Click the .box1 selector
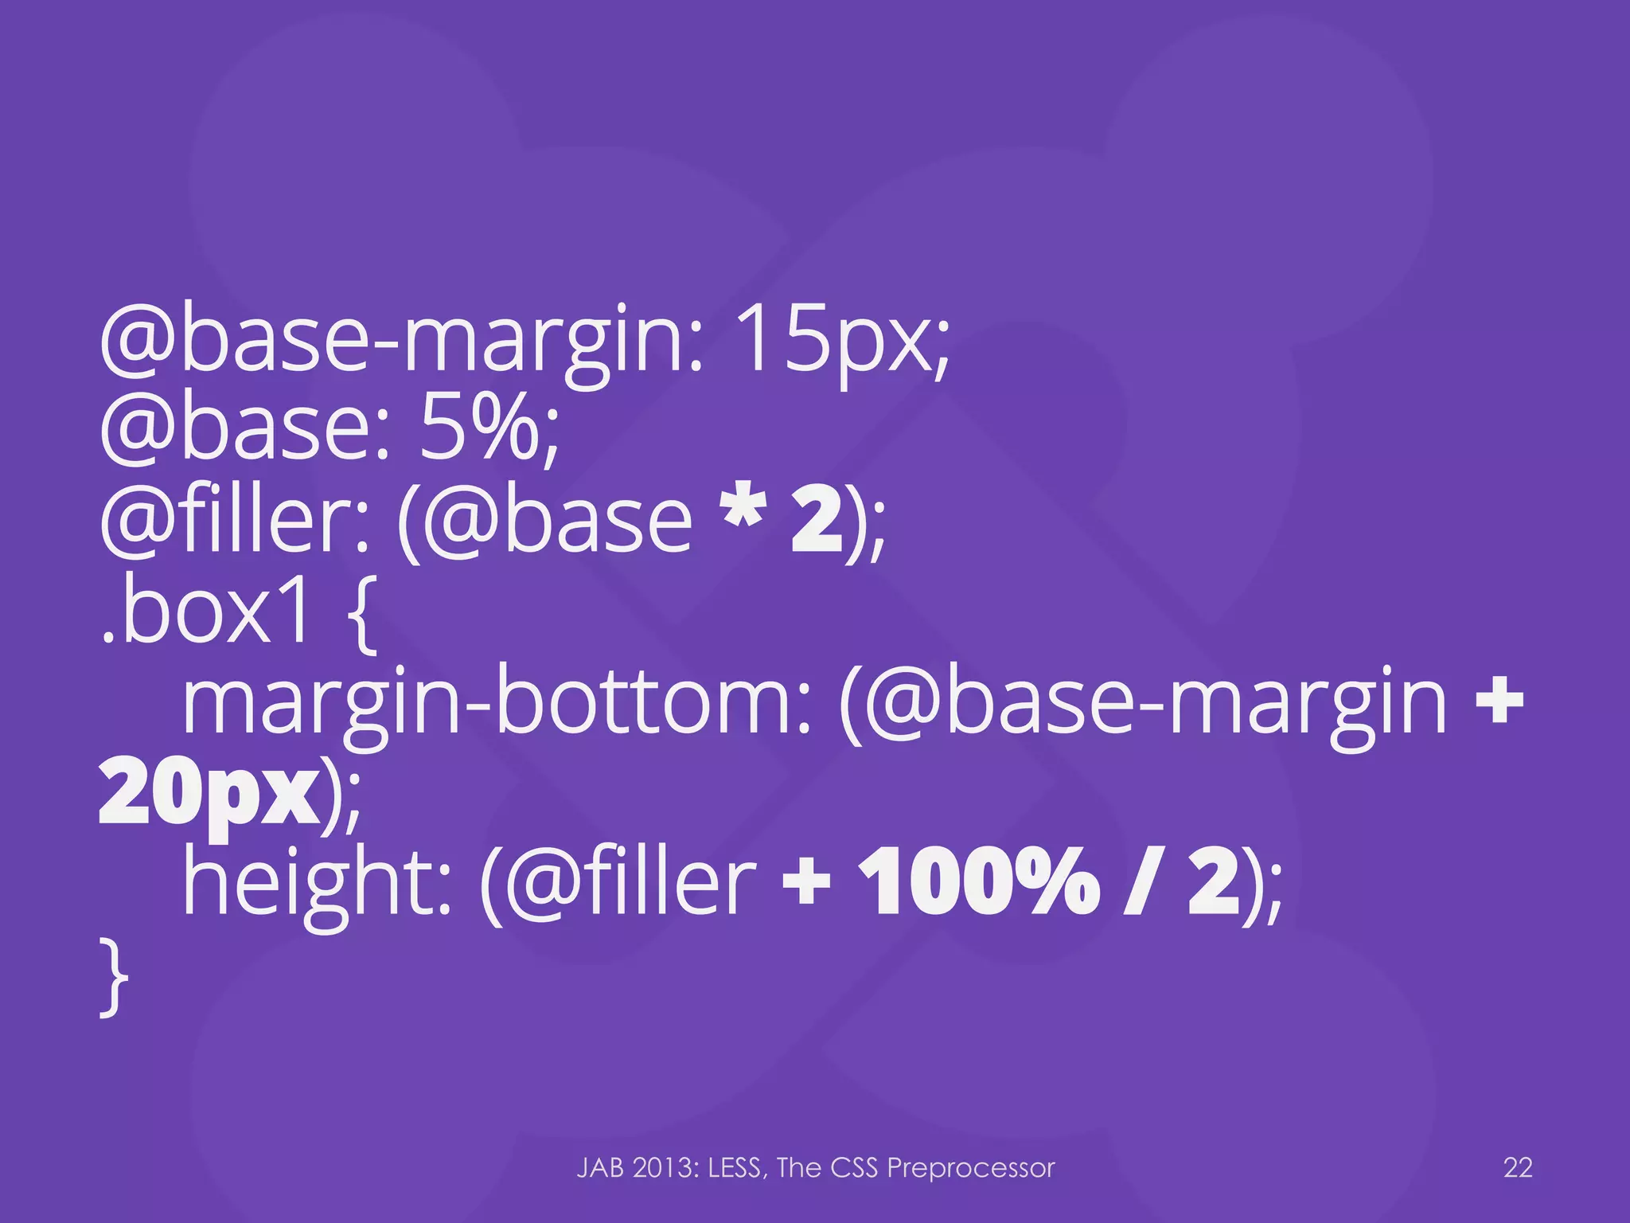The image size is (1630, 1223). click(x=205, y=613)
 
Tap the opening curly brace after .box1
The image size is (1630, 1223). click(x=362, y=617)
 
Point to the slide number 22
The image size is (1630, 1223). click(x=1518, y=1168)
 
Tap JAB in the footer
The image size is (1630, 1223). click(x=600, y=1168)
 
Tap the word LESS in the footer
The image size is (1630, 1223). click(x=738, y=1168)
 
